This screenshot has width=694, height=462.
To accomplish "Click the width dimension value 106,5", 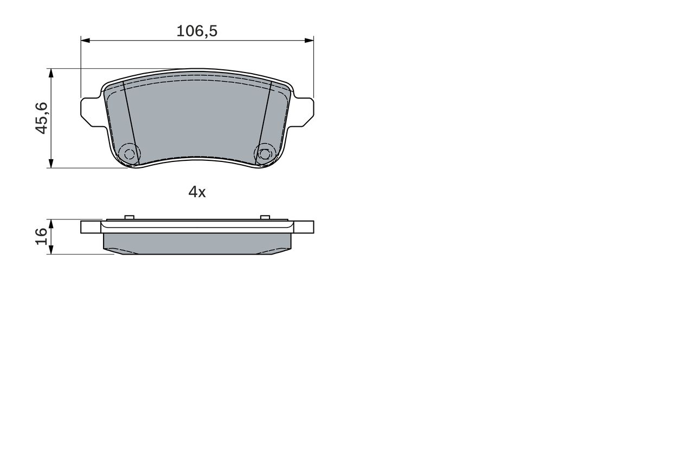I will coord(197,31).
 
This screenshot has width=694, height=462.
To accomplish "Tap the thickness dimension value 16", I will coord(42,237).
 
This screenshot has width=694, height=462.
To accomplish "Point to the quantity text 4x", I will coord(197,192).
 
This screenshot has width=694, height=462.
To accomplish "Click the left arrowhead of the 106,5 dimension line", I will coord(85,40).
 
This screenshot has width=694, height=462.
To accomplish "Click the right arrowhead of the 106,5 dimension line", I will coord(310,40).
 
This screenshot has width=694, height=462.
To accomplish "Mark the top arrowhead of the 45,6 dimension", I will coord(51,73).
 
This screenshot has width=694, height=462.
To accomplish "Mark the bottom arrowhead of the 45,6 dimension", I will coord(51,164).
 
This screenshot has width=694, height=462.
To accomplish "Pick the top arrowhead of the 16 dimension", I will coord(51,223).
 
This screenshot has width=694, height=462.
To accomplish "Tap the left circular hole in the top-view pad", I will coord(129,153).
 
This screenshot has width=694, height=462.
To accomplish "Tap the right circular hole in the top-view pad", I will coord(264,153).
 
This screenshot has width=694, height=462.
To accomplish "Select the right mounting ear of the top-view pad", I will coord(304,109).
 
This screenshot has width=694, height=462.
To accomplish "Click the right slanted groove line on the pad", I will coord(264,119).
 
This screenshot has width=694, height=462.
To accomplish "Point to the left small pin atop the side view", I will coord(129,217).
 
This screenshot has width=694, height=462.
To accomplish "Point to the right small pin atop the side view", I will coord(265,217).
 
